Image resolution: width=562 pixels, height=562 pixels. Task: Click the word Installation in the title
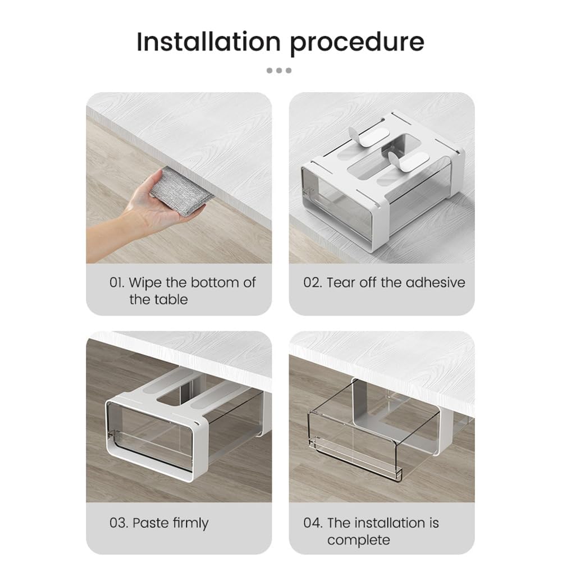(x=209, y=42)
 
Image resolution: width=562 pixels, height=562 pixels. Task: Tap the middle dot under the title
(x=279, y=71)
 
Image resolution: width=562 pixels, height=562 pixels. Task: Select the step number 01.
(x=117, y=283)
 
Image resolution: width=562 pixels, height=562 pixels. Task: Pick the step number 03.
(x=118, y=523)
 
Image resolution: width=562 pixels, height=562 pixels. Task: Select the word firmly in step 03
(x=190, y=524)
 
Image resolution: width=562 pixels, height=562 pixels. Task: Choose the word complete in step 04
(x=358, y=540)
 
